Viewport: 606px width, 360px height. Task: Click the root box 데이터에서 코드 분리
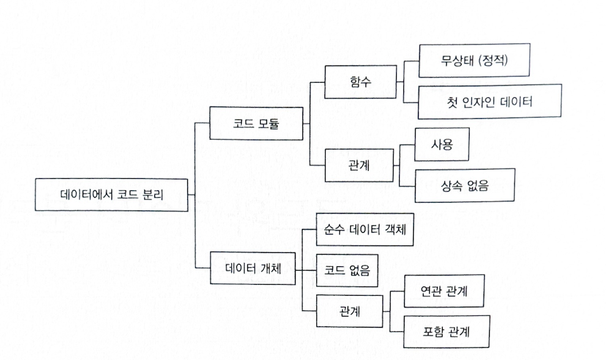[x=111, y=195]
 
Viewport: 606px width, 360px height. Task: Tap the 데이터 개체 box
[x=253, y=268]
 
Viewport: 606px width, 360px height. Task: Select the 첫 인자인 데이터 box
[x=490, y=102]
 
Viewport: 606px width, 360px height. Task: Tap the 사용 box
[x=441, y=144]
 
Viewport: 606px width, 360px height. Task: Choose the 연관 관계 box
[x=445, y=291]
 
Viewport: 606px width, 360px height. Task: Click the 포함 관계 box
[x=445, y=332]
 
